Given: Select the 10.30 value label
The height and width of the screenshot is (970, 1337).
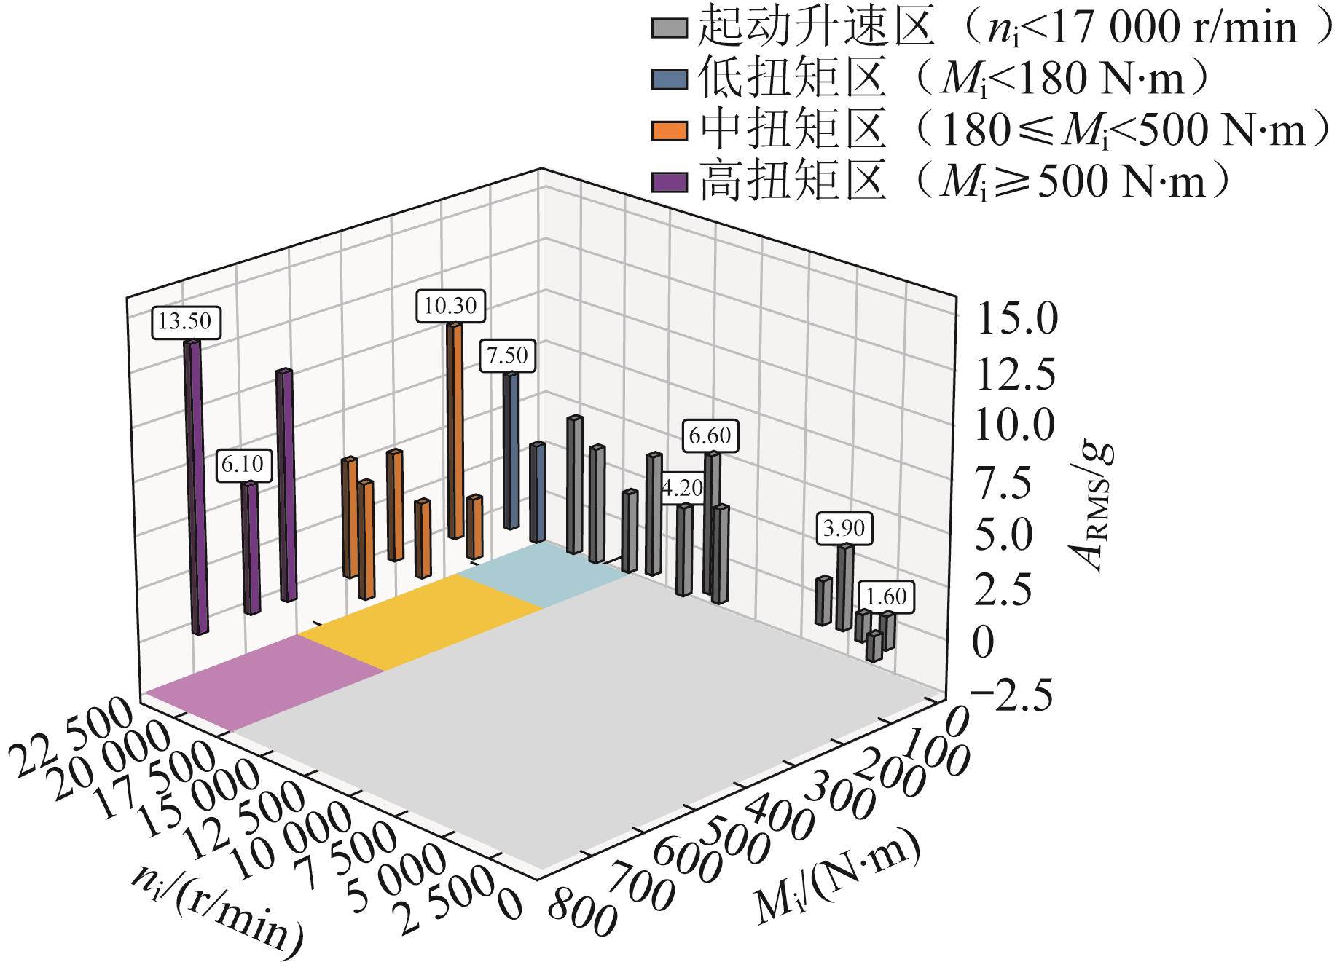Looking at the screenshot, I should (x=451, y=305).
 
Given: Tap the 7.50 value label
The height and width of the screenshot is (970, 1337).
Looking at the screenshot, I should (x=507, y=357).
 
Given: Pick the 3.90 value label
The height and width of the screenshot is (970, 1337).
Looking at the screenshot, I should (x=844, y=528).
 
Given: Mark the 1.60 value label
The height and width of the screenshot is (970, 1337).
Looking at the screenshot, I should (x=885, y=597).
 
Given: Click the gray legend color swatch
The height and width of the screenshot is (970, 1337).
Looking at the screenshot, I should (x=669, y=28).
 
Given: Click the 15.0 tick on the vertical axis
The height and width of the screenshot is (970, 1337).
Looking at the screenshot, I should (x=1015, y=320).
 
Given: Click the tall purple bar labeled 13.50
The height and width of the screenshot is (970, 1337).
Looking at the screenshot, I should (x=195, y=488).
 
